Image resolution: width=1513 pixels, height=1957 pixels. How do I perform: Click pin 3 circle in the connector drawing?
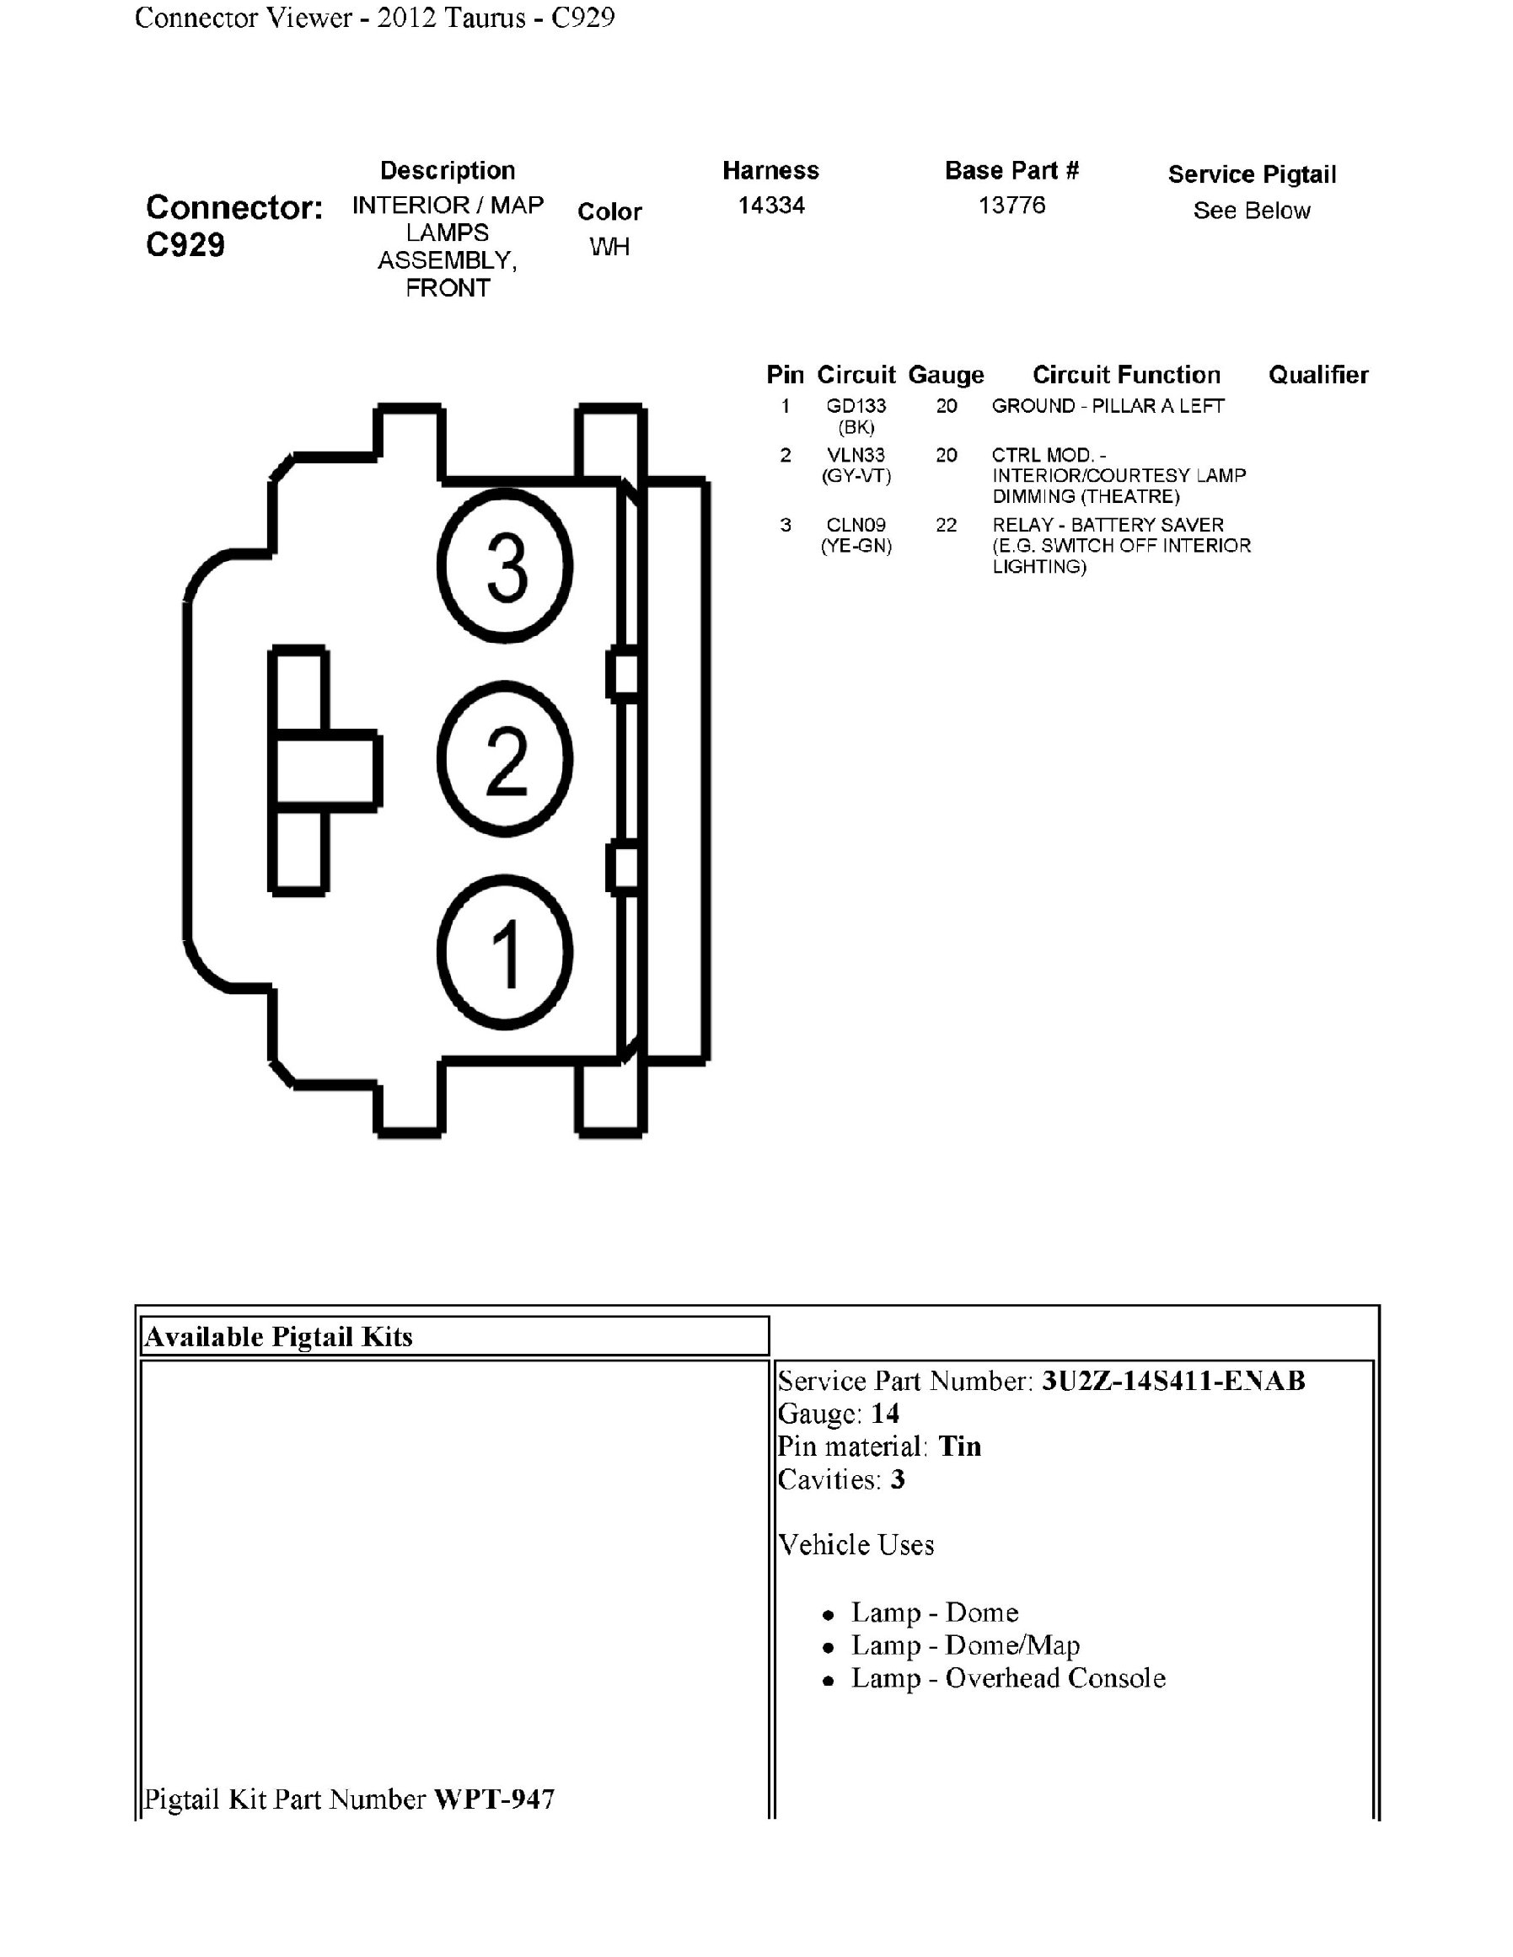click(505, 565)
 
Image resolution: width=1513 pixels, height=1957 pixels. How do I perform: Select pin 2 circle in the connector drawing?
click(505, 759)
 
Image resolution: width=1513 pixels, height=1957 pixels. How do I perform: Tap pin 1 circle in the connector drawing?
click(505, 952)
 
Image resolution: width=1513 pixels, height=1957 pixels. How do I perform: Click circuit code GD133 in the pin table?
click(856, 406)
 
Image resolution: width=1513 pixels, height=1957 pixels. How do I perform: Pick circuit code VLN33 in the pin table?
click(856, 455)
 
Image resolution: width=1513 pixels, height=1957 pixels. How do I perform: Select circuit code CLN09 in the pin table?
click(856, 525)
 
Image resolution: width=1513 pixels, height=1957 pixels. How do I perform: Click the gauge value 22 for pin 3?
click(947, 525)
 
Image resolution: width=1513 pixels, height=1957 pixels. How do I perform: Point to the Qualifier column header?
click(1317, 375)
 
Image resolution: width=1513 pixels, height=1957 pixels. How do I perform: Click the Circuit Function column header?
click(1126, 375)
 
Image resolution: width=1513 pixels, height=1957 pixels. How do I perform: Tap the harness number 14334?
click(771, 206)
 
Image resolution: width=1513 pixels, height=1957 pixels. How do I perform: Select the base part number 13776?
click(1012, 206)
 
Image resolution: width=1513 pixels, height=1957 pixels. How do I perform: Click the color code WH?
click(609, 247)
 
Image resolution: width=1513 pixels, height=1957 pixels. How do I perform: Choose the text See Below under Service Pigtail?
click(1251, 211)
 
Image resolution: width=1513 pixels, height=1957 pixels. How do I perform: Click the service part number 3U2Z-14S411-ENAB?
click(1172, 1381)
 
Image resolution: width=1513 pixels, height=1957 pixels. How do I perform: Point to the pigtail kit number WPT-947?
click(494, 1799)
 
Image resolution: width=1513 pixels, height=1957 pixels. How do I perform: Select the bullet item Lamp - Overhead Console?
click(1007, 1677)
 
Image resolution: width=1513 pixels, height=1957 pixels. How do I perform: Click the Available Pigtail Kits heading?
click(279, 1337)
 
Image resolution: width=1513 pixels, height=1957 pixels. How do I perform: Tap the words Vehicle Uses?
click(856, 1544)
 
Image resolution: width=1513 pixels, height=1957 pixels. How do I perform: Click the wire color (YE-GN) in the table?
click(856, 546)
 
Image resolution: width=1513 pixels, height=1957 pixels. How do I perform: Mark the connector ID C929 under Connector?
click(185, 244)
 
